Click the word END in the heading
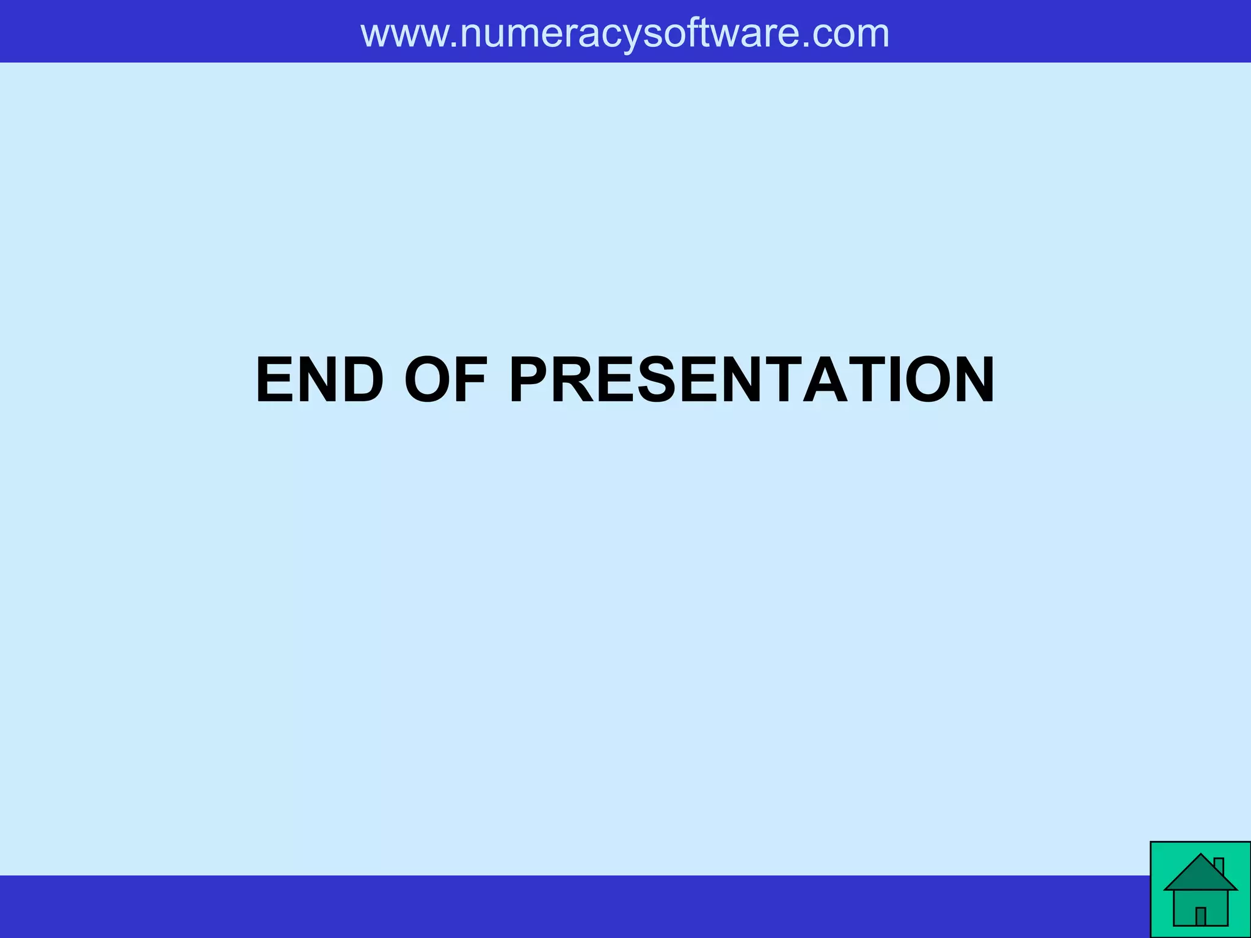[319, 380]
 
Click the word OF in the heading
[446, 380]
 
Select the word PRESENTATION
[752, 380]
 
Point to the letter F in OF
[471, 380]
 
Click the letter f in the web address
[691, 33]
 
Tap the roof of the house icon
[1200, 875]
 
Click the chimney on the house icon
[1219, 866]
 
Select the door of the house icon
[1200, 916]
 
